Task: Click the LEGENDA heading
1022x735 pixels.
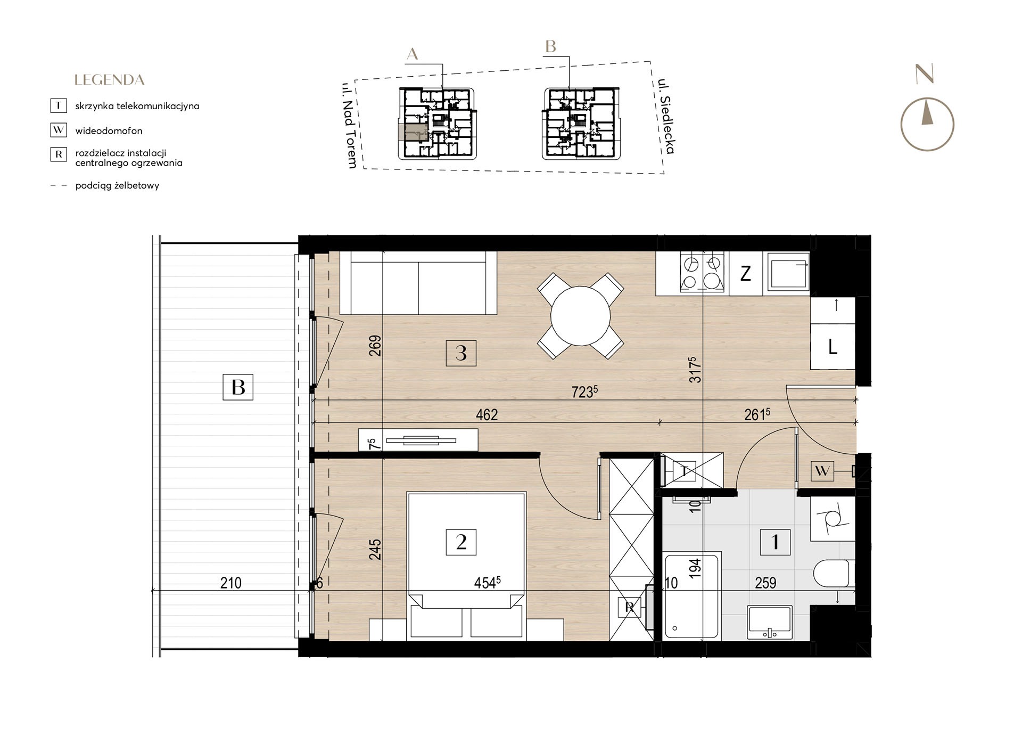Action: (110, 80)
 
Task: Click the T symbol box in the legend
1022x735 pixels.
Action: (58, 105)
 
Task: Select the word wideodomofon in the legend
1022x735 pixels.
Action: (109, 130)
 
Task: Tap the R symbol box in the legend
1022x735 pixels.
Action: (58, 154)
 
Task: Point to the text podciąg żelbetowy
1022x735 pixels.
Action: (117, 186)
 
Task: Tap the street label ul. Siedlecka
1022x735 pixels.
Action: (666, 116)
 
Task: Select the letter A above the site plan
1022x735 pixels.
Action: (412, 54)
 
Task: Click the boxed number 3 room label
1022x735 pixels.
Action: (461, 353)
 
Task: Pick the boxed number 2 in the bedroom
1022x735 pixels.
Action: (461, 542)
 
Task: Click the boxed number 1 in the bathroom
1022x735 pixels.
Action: (775, 542)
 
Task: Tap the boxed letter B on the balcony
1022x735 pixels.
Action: (238, 387)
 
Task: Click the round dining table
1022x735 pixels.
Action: (580, 316)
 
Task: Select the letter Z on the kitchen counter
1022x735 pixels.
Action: (746, 274)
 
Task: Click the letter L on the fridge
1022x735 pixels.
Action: (833, 348)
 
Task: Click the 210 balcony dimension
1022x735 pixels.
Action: (230, 583)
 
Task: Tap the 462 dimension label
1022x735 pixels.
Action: (487, 415)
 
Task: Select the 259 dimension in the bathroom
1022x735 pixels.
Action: (765, 583)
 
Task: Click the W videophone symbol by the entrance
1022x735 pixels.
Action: (822, 471)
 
